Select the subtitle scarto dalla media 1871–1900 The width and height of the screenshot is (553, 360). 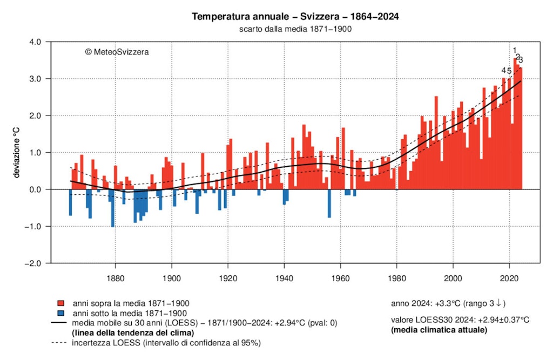[x=295, y=29]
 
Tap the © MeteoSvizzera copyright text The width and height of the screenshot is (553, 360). [x=117, y=52]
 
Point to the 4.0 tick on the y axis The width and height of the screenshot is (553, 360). [x=35, y=42]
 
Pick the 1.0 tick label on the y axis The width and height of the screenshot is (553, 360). [x=35, y=153]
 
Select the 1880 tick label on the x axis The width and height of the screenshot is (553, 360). [x=115, y=274]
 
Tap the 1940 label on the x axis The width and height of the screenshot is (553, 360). [x=284, y=274]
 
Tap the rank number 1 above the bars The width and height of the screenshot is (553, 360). [x=515, y=51]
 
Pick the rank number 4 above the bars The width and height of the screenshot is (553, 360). [x=504, y=71]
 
